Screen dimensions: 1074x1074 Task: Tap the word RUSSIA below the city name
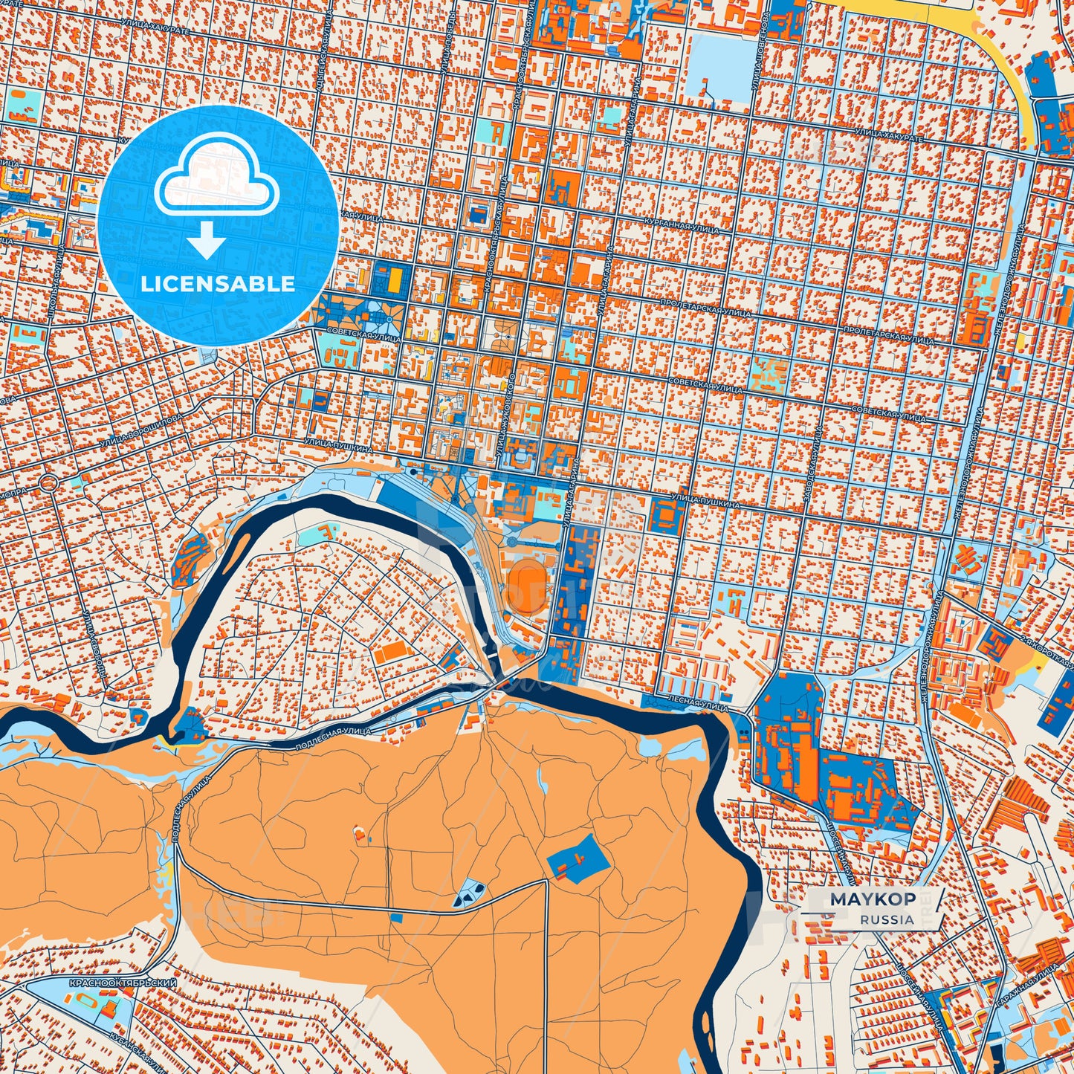point(887,919)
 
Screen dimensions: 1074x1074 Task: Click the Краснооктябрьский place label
point(123,983)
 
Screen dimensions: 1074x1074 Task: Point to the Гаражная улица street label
point(1026,989)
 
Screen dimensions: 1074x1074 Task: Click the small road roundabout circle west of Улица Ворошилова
point(49,482)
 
